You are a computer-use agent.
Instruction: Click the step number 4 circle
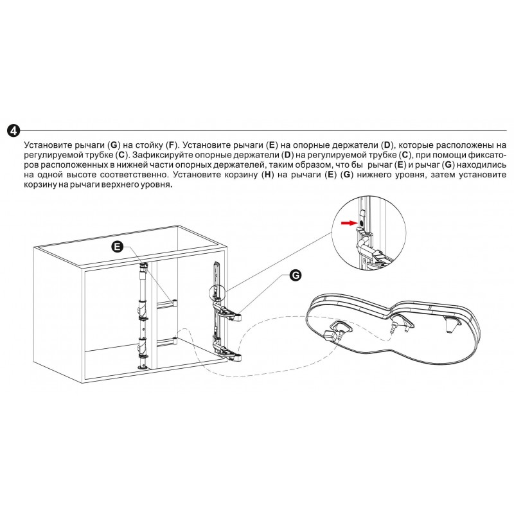pyautogui.click(x=13, y=131)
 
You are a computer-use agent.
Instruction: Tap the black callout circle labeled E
pyautogui.click(x=118, y=247)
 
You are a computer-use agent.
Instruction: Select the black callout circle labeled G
pyautogui.click(x=296, y=275)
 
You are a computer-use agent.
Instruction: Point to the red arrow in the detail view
pyautogui.click(x=349, y=223)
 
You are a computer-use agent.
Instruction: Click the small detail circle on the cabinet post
pyautogui.click(x=217, y=292)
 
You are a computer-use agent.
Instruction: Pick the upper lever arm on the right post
pyautogui.click(x=228, y=312)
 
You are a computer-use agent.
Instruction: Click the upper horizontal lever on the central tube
pyautogui.click(x=167, y=304)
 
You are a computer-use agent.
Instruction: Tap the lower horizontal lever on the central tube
pyautogui.click(x=167, y=342)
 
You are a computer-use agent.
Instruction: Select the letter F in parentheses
pyautogui.click(x=171, y=145)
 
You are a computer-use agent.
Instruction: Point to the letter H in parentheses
pyautogui.click(x=268, y=174)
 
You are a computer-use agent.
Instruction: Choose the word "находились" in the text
pyautogui.click(x=481, y=164)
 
